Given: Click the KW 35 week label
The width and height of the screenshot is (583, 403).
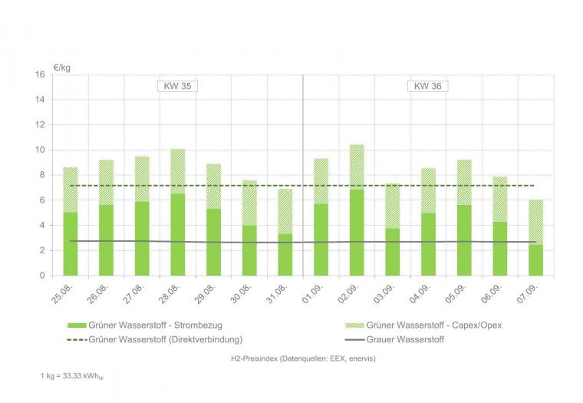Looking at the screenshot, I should [x=177, y=86].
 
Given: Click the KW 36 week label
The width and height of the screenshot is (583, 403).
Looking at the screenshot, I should [x=427, y=86].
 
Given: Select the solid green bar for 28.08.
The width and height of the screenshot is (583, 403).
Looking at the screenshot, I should [x=177, y=234].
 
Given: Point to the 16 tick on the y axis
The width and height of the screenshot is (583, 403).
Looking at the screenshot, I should [x=40, y=74].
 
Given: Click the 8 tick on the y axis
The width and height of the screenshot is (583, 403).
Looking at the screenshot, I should [x=42, y=175].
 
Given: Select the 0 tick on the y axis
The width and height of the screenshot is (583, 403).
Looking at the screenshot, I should [x=42, y=276].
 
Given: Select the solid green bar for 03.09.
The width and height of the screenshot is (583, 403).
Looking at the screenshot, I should [x=392, y=252].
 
